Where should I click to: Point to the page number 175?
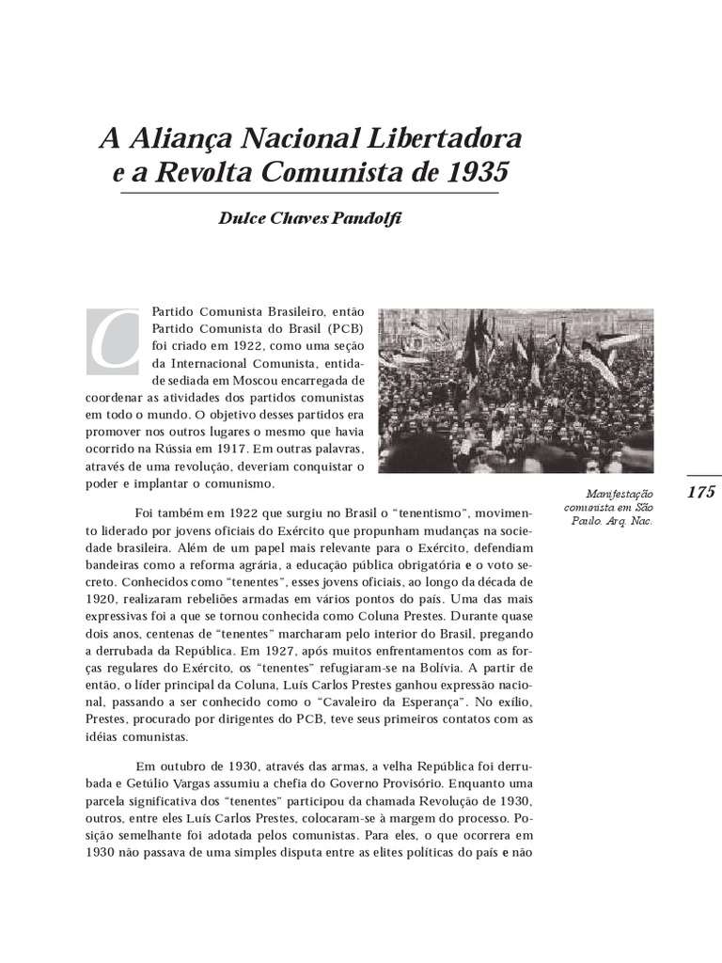[701, 492]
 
